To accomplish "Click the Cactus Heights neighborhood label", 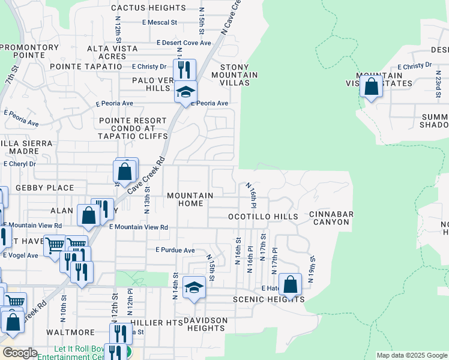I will [x=148, y=8].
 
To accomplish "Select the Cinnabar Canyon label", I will [x=331, y=218].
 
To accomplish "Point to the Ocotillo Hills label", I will [x=263, y=216].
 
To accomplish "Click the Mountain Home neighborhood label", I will [x=190, y=200].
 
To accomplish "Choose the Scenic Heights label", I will [x=268, y=299].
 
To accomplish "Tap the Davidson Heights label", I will [x=205, y=324].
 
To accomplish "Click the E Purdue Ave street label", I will [x=175, y=250].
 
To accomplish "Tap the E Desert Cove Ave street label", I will [x=184, y=43].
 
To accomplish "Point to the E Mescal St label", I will [x=160, y=23].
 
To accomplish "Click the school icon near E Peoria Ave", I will [x=186, y=92].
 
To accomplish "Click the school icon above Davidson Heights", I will [x=194, y=287].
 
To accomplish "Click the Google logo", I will [x=20, y=353].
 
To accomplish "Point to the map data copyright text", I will [x=411, y=355].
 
